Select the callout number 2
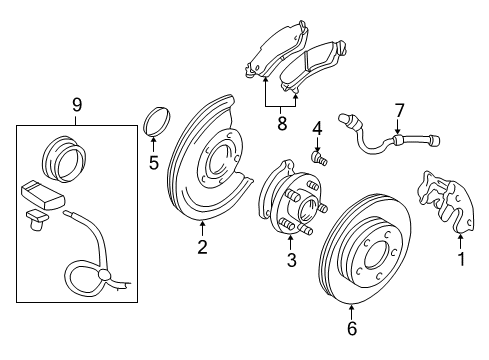coord(202,247)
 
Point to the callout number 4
coord(315,128)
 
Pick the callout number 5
coord(153,162)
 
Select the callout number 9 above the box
coord(75,103)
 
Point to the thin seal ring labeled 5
coord(156,124)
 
